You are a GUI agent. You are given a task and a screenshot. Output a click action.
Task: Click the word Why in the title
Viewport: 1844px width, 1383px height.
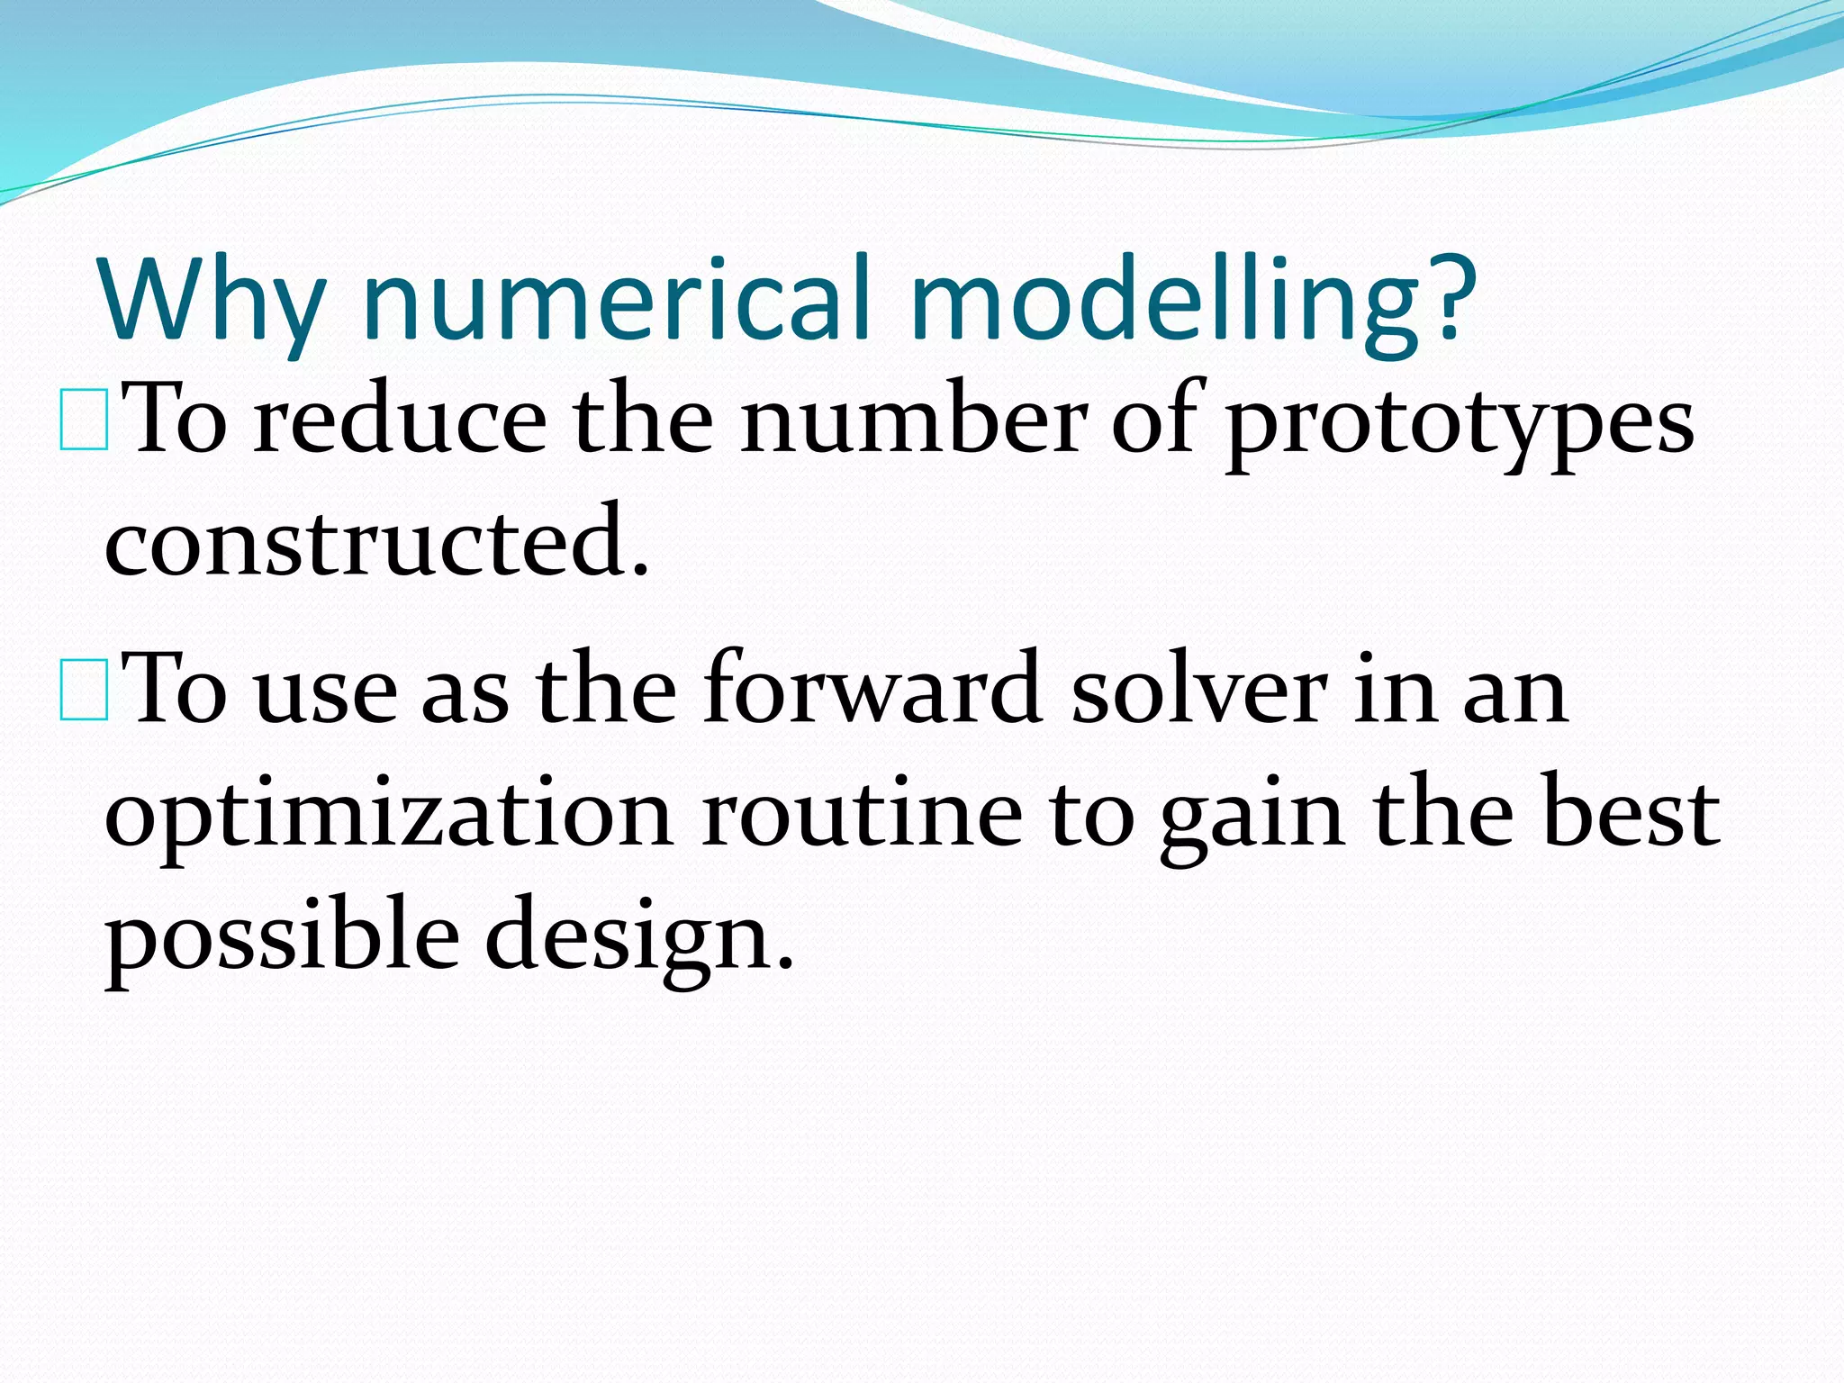point(212,300)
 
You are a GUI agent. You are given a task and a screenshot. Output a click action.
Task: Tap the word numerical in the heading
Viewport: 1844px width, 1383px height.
point(618,300)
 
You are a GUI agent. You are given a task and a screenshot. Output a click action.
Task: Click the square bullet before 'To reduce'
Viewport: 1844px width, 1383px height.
point(85,420)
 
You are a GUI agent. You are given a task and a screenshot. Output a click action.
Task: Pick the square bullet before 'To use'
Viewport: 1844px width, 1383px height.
point(85,691)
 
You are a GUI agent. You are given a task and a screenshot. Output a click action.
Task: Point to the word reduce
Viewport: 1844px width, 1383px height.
point(400,420)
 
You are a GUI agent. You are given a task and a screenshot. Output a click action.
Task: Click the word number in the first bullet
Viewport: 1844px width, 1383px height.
point(914,420)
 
